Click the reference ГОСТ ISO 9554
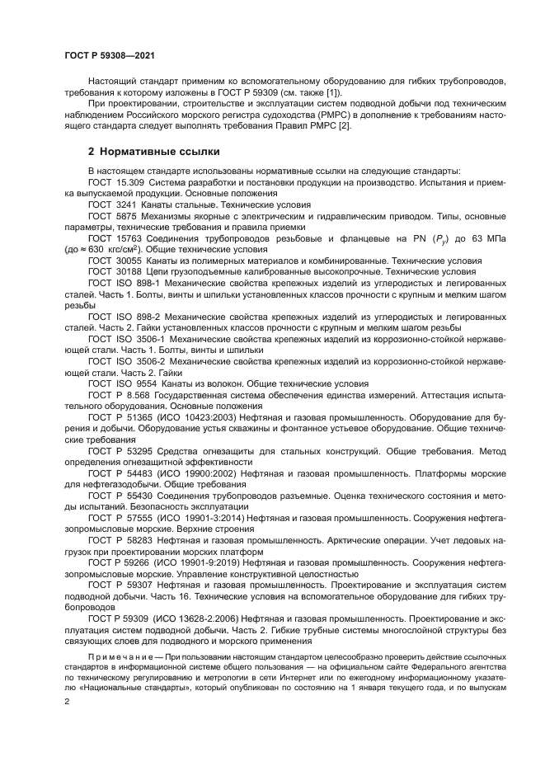click(x=122, y=384)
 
